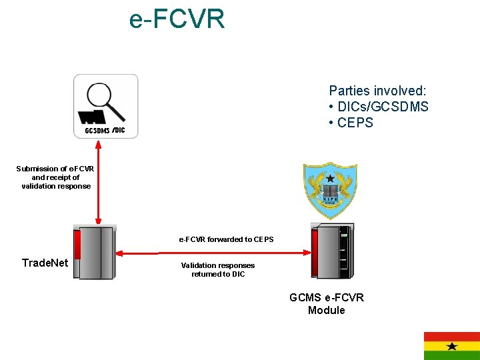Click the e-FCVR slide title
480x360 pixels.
(177, 20)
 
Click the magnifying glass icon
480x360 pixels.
(105, 101)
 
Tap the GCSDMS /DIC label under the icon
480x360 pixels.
(105, 131)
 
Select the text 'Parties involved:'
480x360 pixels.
(378, 91)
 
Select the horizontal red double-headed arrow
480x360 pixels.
(214, 253)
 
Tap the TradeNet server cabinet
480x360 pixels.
(95, 251)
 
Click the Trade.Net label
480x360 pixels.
(45, 263)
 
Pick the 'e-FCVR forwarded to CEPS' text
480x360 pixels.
(226, 239)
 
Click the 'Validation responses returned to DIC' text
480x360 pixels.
(218, 269)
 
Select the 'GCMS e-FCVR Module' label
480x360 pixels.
(327, 304)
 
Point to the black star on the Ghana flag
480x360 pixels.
(452, 346)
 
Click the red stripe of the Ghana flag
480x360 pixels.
(452, 336)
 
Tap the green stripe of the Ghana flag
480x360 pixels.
(452, 356)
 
